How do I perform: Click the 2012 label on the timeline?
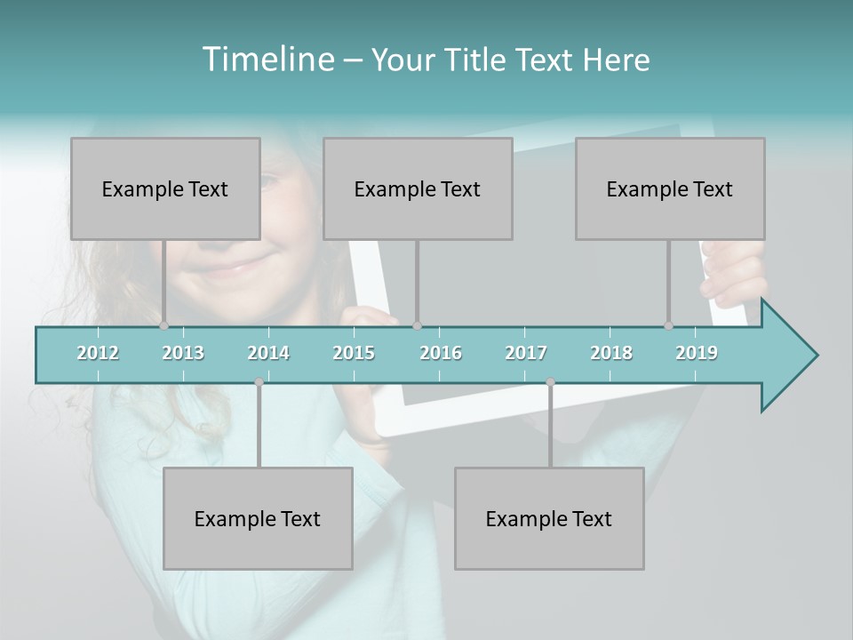click(x=98, y=353)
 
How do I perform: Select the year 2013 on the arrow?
click(x=183, y=353)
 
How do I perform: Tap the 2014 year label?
click(x=268, y=353)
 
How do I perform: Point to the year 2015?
click(x=354, y=353)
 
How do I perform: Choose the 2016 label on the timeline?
click(x=441, y=353)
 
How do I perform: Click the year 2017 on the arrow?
click(x=526, y=353)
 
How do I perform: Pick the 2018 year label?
click(x=611, y=353)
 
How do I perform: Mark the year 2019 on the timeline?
click(x=697, y=353)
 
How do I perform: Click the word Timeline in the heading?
click(x=267, y=60)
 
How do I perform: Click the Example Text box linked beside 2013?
click(x=165, y=188)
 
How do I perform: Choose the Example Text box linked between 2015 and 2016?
click(x=418, y=188)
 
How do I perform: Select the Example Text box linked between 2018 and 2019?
click(x=670, y=188)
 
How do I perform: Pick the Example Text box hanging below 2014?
click(x=258, y=518)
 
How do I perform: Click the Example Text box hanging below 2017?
click(x=549, y=518)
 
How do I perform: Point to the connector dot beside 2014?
click(x=259, y=381)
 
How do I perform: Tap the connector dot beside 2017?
click(x=550, y=381)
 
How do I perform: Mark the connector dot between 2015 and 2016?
click(x=417, y=325)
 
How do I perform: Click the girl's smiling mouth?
click(x=233, y=265)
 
